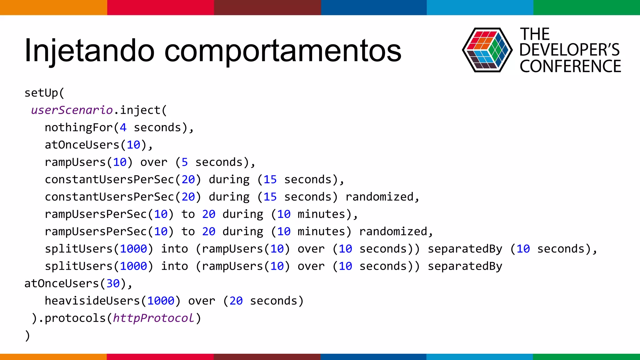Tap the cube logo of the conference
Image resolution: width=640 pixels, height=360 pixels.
coord(487,50)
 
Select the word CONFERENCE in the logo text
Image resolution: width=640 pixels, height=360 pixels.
coord(570,67)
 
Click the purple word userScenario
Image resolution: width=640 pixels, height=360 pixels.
coord(72,110)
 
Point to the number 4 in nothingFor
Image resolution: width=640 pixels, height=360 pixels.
coord(123,127)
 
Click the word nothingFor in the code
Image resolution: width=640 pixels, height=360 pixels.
coord(78,127)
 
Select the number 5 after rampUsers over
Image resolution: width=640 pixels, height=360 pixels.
coord(185,162)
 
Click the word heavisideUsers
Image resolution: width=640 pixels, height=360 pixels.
coord(92,301)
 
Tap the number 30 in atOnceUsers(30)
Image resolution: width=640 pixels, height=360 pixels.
coord(113,283)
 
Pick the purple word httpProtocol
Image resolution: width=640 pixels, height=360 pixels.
coord(153,318)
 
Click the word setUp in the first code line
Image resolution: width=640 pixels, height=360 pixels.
coord(41,93)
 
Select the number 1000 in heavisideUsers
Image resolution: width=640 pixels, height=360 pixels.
coord(161,301)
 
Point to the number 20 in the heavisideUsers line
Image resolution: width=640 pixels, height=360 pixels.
coord(236,301)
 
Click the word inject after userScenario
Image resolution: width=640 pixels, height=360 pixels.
coord(140,110)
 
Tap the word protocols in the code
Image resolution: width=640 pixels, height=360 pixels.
coord(75,318)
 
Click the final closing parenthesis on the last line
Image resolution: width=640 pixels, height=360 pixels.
coord(27,336)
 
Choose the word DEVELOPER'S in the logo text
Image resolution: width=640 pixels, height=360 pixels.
coord(569,50)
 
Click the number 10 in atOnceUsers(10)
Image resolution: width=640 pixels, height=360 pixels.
coord(133,145)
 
